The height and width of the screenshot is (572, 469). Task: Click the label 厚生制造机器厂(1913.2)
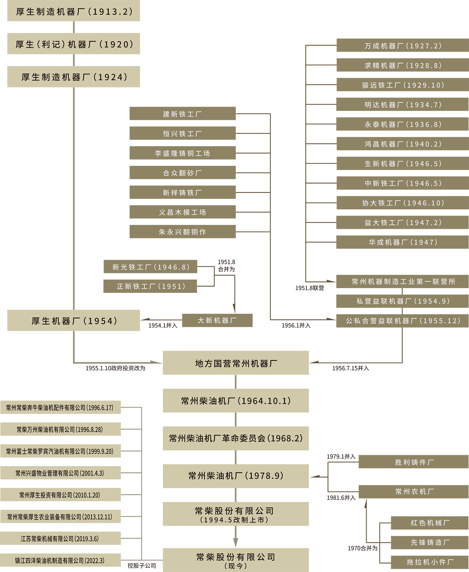pos(74,12)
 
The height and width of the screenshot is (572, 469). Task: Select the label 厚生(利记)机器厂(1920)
pos(74,45)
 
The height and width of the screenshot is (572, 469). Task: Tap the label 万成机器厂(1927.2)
pos(403,46)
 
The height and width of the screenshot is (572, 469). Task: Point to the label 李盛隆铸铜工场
pos(183,153)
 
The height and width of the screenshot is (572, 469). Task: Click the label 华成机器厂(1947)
pos(403,242)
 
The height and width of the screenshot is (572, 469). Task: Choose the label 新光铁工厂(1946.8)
pos(151,267)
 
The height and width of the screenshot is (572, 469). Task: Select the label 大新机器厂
pos(217,321)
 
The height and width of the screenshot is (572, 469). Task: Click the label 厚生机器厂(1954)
pos(74,321)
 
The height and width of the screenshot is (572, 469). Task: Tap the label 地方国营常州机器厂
pos(236,364)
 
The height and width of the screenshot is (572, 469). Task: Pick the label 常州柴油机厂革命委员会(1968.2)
pos(236,438)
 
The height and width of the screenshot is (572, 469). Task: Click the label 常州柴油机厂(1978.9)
pos(236,476)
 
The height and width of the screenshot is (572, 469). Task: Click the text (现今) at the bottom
pos(236,566)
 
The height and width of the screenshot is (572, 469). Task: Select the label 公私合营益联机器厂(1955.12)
pos(403,321)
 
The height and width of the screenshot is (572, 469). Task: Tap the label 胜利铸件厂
pos(414,462)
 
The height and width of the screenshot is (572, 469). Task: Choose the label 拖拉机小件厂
pos(430,562)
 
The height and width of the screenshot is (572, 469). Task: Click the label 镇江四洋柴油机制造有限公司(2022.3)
pos(60,561)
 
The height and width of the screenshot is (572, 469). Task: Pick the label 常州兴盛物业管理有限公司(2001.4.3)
pos(60,473)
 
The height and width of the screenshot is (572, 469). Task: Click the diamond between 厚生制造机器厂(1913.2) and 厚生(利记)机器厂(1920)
pos(74,27)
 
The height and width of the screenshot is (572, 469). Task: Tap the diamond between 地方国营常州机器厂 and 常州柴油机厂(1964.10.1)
pos(236,382)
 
